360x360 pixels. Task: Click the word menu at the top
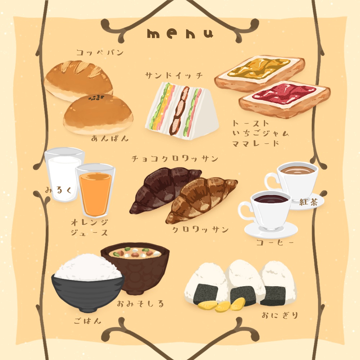point(180,33)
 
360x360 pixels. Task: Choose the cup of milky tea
point(297,178)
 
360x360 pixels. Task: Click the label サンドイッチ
point(174,76)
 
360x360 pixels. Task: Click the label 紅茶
point(309,203)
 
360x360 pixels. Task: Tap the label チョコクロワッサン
point(175,159)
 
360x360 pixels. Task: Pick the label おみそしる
point(140,304)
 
